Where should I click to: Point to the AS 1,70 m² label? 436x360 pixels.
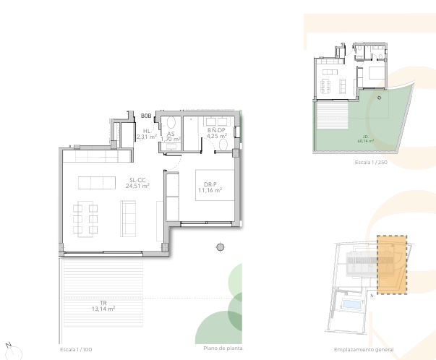pos(171,136)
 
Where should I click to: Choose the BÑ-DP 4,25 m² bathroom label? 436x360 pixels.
pos(217,133)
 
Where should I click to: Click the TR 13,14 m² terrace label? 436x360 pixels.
pos(103,306)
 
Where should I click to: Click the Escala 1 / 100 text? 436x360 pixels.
pos(77,349)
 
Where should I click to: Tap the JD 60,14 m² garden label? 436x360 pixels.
pos(365,140)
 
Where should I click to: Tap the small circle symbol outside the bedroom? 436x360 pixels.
pos(221,247)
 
